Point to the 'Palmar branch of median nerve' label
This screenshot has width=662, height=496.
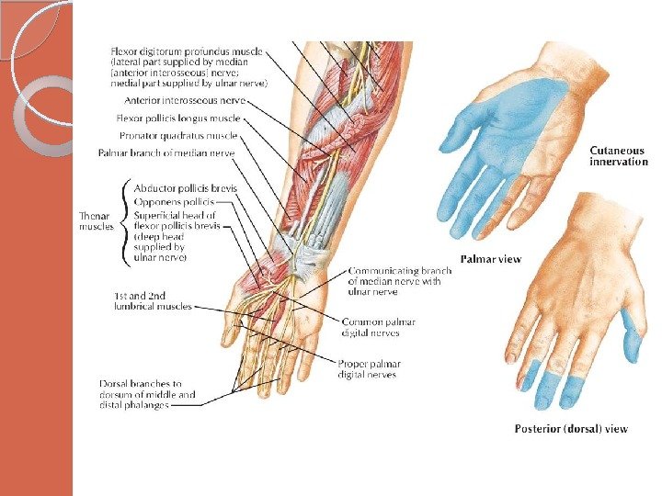click(166, 152)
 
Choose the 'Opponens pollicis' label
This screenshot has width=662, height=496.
click(174, 201)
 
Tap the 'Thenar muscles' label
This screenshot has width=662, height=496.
click(97, 220)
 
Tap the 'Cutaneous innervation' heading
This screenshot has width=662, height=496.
click(617, 156)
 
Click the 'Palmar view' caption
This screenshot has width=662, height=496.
click(490, 259)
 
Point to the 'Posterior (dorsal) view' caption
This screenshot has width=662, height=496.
click(570, 429)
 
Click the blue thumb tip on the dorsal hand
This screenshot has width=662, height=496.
click(632, 338)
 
